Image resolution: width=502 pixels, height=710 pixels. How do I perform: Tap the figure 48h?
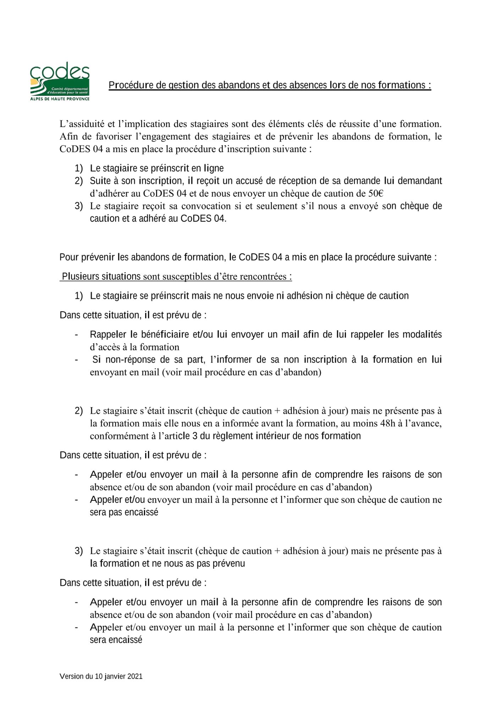coord(387,424)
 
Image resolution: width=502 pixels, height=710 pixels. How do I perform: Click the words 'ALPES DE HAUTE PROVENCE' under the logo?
coord(60,99)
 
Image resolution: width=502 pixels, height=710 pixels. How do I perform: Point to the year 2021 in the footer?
coord(135,677)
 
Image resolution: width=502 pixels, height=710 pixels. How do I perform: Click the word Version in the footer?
coord(71,677)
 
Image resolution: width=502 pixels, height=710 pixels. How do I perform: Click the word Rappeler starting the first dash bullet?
coord(108,334)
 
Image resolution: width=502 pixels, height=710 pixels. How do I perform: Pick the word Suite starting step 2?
coord(100,181)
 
